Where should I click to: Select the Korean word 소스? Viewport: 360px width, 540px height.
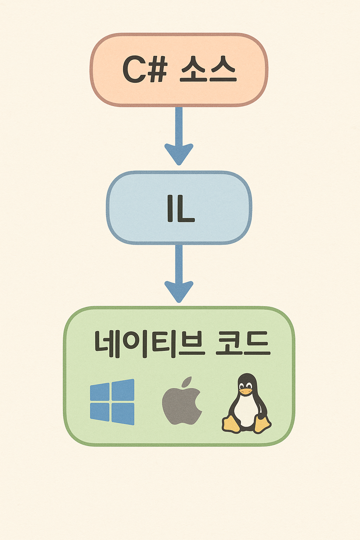tap(208, 69)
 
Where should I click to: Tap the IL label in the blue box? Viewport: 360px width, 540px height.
tap(181, 208)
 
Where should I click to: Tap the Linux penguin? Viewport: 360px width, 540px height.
tap(246, 404)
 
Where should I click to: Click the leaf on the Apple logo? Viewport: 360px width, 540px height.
tap(187, 381)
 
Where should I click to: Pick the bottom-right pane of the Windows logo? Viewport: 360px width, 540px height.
tap(123, 414)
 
